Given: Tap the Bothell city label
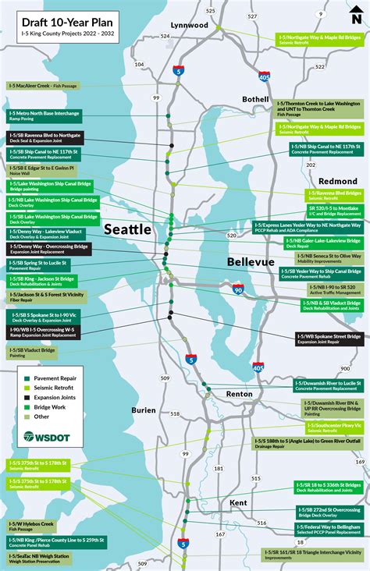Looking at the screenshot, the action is click(254, 100).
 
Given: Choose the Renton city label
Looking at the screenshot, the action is click(239, 394).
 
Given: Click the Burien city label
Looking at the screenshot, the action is click(143, 409).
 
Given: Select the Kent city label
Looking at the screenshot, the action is click(238, 503).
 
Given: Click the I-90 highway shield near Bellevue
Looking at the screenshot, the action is click(237, 289).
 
